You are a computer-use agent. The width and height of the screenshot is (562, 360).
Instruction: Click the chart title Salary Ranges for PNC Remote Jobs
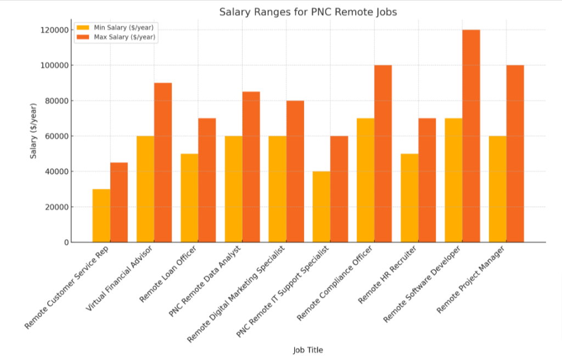pyautogui.click(x=308, y=12)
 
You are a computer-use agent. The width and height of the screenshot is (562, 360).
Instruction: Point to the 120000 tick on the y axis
pyautogui.click(x=55, y=30)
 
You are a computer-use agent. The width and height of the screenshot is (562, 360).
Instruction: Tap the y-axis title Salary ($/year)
pyautogui.click(x=33, y=131)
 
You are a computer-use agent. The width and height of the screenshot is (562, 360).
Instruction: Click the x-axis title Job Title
pyautogui.click(x=308, y=350)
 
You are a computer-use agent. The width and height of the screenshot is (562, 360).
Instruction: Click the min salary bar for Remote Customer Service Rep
pyautogui.click(x=102, y=216)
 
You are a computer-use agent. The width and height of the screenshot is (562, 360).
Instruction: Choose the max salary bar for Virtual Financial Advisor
pyautogui.click(x=163, y=162)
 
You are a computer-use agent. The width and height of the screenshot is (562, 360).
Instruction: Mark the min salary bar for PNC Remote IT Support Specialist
pyautogui.click(x=322, y=207)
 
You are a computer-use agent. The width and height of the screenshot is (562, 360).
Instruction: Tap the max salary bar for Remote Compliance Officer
pyautogui.click(x=383, y=154)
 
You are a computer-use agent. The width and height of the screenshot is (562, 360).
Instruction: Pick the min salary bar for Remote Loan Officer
pyautogui.click(x=189, y=198)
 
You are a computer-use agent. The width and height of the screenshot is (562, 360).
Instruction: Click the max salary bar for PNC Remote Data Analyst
pyautogui.click(x=251, y=167)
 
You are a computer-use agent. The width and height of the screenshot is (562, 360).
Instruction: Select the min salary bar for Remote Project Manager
pyautogui.click(x=498, y=189)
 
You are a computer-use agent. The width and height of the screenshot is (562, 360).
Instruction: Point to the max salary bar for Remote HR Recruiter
pyautogui.click(x=427, y=180)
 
